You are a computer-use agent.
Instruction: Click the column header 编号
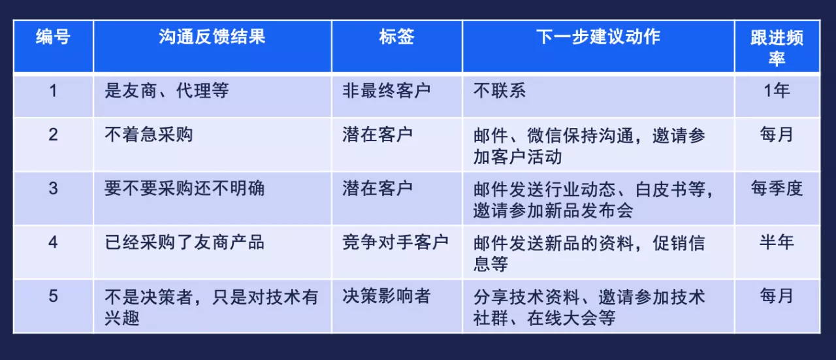[x=53, y=37]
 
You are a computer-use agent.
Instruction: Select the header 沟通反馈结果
[x=212, y=37]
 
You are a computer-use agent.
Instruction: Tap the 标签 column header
[x=396, y=37]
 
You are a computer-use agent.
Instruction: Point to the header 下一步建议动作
[x=598, y=37]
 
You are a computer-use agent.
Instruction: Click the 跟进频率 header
[x=777, y=48]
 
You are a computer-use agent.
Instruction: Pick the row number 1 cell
[x=53, y=91]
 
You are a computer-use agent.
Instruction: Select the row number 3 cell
[x=53, y=188]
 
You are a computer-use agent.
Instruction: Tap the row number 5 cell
[x=53, y=296]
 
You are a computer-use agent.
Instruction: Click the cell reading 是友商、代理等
[x=167, y=91]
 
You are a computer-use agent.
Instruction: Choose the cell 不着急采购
[x=148, y=135]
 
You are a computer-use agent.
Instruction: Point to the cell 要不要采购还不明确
[x=184, y=188]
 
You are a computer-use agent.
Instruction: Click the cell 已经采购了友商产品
[x=184, y=242]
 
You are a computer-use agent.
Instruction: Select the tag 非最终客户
[x=387, y=91]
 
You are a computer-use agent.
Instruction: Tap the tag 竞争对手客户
[x=396, y=242]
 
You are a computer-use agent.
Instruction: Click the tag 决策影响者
[x=387, y=296]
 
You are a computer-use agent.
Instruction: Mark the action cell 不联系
[x=500, y=91]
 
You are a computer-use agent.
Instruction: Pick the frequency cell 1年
[x=777, y=91]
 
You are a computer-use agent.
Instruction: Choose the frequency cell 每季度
[x=777, y=188]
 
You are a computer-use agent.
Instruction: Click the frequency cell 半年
[x=777, y=242]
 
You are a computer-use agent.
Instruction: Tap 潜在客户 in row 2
[x=378, y=135]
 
